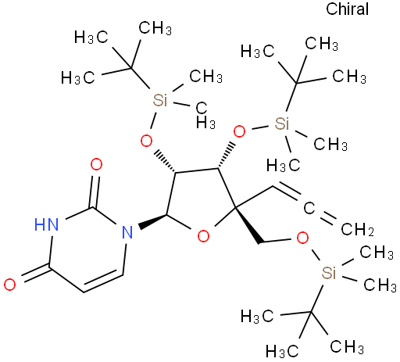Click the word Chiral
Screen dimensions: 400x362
[x=347, y=9]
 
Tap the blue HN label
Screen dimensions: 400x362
[x=47, y=224]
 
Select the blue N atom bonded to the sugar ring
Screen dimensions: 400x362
[x=127, y=232]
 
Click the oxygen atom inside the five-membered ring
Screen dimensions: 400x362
[x=203, y=236]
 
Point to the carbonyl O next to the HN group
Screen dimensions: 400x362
[x=96, y=164]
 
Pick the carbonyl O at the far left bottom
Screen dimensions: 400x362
[x=10, y=285]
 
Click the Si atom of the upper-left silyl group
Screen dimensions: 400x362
[x=160, y=100]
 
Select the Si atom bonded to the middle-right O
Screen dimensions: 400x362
[x=282, y=124]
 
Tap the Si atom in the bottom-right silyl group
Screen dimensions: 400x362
[x=329, y=273]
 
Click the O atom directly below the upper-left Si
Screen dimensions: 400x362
[x=146, y=141]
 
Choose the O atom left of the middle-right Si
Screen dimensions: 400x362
[x=239, y=131]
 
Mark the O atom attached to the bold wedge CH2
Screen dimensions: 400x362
[x=302, y=238]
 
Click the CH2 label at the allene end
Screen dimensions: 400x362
[x=357, y=229]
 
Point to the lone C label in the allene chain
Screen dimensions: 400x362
[x=309, y=208]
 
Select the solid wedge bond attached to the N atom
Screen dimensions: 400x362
[x=152, y=222]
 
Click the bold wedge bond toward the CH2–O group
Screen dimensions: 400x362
[x=248, y=226]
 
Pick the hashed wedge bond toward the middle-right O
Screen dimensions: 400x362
[x=225, y=156]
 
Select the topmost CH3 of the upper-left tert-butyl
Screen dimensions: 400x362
[x=155, y=28]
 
